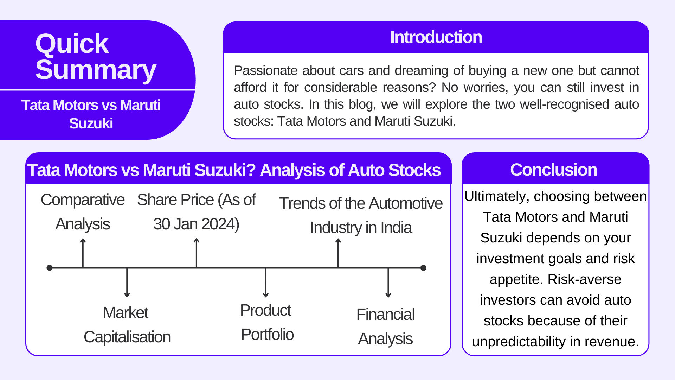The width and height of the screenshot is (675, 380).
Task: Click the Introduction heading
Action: pyautogui.click(x=436, y=37)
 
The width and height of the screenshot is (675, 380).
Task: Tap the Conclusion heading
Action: pyautogui.click(x=554, y=170)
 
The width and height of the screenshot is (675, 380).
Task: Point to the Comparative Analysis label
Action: pyautogui.click(x=83, y=212)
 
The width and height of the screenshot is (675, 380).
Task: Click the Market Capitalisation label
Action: pyautogui.click(x=127, y=325)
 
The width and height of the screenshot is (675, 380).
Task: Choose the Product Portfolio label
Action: pyautogui.click(x=267, y=322)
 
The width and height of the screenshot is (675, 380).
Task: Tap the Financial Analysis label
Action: pyautogui.click(x=385, y=327)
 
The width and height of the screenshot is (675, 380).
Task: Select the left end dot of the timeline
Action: pyautogui.click(x=50, y=268)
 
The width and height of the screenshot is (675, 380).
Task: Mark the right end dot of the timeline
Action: pyautogui.click(x=424, y=268)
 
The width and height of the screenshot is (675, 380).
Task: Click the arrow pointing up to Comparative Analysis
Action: pyautogui.click(x=83, y=253)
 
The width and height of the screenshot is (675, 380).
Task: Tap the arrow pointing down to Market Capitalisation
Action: pyautogui.click(x=127, y=283)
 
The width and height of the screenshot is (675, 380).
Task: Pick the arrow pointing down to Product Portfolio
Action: pyautogui.click(x=266, y=283)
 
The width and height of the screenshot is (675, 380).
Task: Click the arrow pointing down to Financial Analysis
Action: pyautogui.click(x=388, y=283)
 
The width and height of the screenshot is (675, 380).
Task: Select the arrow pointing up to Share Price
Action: pyautogui.click(x=197, y=253)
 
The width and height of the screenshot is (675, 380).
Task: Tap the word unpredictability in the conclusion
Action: pyautogui.click(x=524, y=342)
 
